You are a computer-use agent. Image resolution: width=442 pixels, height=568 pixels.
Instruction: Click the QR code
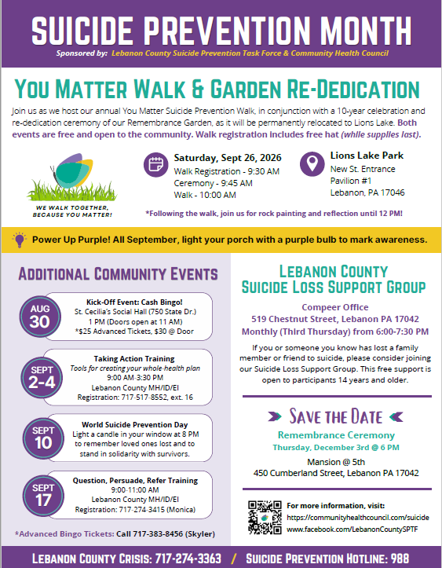pos(265,517)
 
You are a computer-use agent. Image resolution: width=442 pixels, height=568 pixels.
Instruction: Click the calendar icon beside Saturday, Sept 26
pos(156,164)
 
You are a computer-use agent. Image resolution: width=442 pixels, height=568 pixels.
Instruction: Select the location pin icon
pos(312,163)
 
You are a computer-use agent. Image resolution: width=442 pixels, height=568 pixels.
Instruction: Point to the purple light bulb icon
pos(20,240)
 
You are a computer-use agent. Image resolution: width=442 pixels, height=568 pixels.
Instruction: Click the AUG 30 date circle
pos(40,317)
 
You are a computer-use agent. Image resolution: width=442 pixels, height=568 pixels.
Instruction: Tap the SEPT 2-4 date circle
pos(42,377)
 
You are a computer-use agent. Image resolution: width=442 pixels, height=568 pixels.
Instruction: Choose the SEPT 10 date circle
pos(43,438)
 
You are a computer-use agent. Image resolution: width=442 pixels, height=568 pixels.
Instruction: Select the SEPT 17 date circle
pos(43,496)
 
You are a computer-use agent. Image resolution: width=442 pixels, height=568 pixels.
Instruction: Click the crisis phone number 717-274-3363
pos(188,559)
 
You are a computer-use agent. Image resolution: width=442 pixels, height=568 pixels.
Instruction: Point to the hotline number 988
pos(400,559)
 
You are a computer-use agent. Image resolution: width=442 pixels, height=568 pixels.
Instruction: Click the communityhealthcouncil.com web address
pos(358,517)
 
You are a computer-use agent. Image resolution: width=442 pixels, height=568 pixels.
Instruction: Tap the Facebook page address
pos(353,530)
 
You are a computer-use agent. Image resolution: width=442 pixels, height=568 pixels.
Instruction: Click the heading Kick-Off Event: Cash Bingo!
pos(134,302)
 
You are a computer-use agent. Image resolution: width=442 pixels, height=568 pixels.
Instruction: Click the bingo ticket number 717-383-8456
pos(158,534)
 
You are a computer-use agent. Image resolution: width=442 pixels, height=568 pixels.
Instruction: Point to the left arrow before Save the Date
pos(275,416)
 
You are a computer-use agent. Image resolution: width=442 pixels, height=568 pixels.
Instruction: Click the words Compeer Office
pos(335,307)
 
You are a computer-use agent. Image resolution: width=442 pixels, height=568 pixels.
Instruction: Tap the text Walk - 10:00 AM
pos(205,195)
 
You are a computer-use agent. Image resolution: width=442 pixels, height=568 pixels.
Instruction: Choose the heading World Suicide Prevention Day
pos(135,424)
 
